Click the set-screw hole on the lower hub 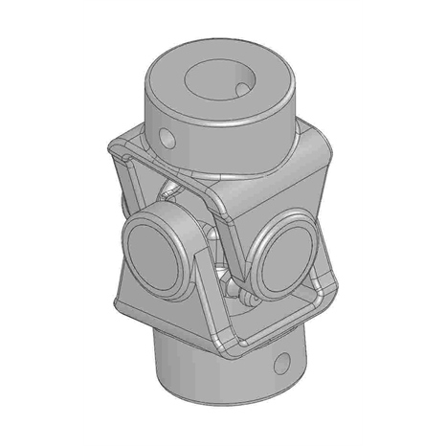283,365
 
